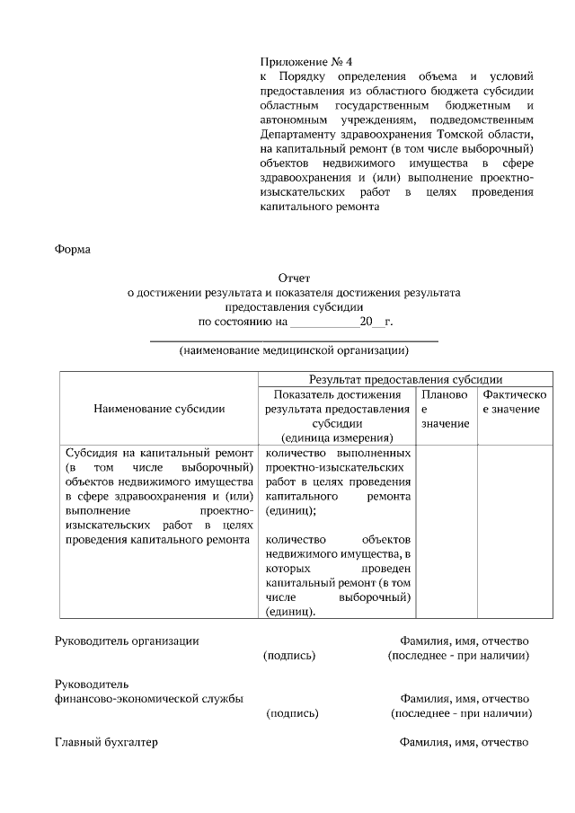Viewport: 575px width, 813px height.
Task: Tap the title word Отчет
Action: pos(294,278)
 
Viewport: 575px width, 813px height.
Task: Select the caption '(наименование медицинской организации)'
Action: pos(294,350)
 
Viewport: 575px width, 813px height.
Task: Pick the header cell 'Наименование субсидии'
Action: pos(159,409)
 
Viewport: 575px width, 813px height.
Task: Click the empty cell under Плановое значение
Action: pos(446,530)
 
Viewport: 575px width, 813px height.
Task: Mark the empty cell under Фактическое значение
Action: pos(513,530)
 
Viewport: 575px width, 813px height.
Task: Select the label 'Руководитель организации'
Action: pos(127,641)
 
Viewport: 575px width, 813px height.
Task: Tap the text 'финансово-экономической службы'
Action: pos(148,698)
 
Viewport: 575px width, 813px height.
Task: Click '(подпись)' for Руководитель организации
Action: pos(288,656)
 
